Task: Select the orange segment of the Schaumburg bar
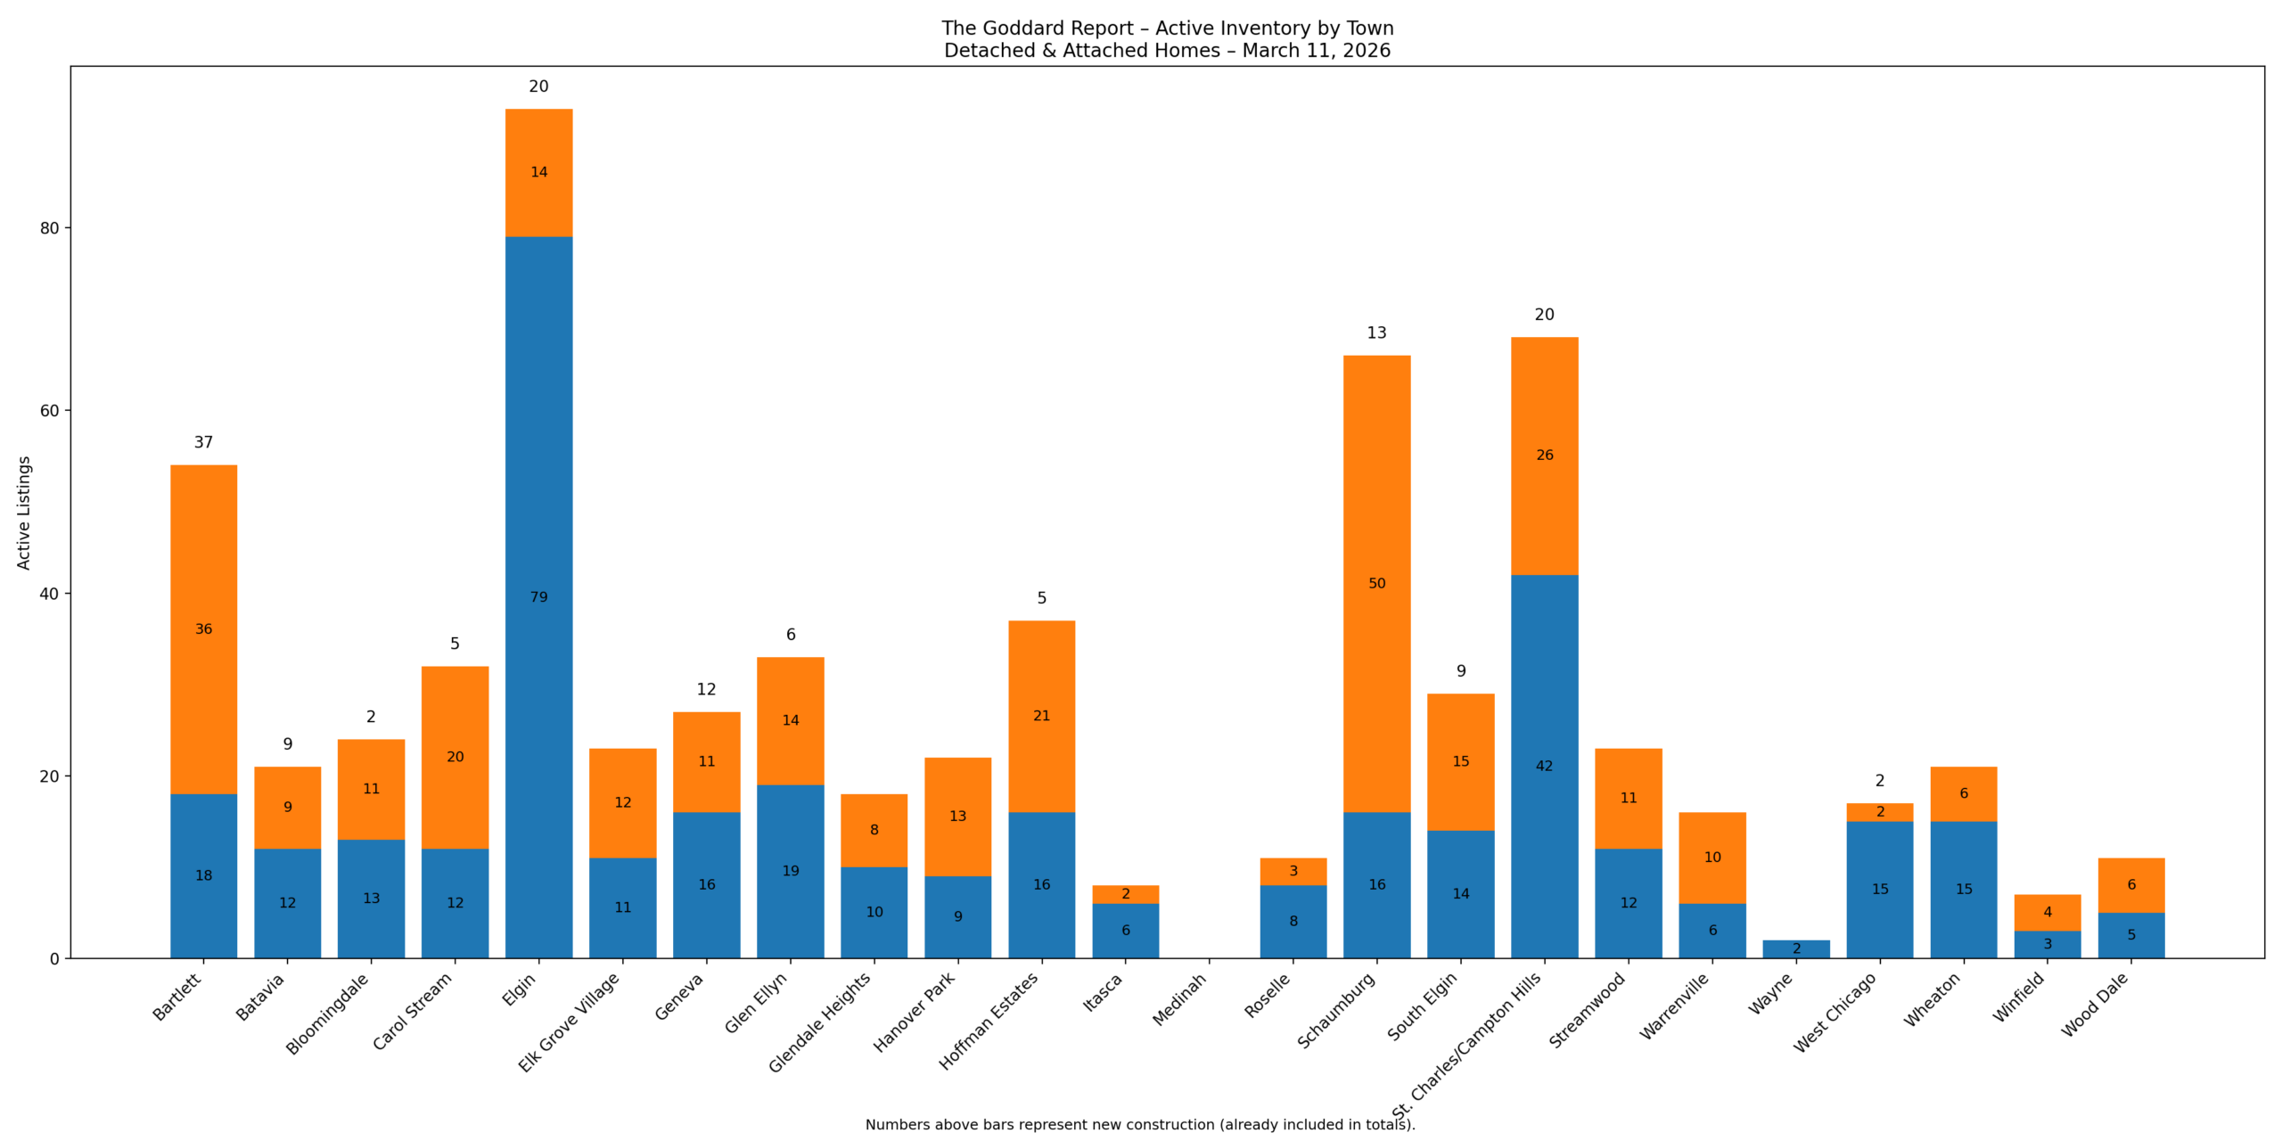point(1376,499)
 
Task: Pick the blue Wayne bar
point(1795,949)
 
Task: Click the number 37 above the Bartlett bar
point(203,442)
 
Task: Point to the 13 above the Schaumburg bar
point(1376,332)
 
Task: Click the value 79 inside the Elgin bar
point(538,596)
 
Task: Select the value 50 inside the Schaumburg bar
point(1376,583)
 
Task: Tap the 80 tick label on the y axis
point(49,228)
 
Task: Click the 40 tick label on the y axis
point(49,594)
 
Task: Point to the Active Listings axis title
point(24,513)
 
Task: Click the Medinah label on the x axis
point(1179,999)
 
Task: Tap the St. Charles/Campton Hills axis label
point(1466,1046)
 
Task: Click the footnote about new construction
point(1139,1125)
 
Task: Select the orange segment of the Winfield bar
point(2047,912)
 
